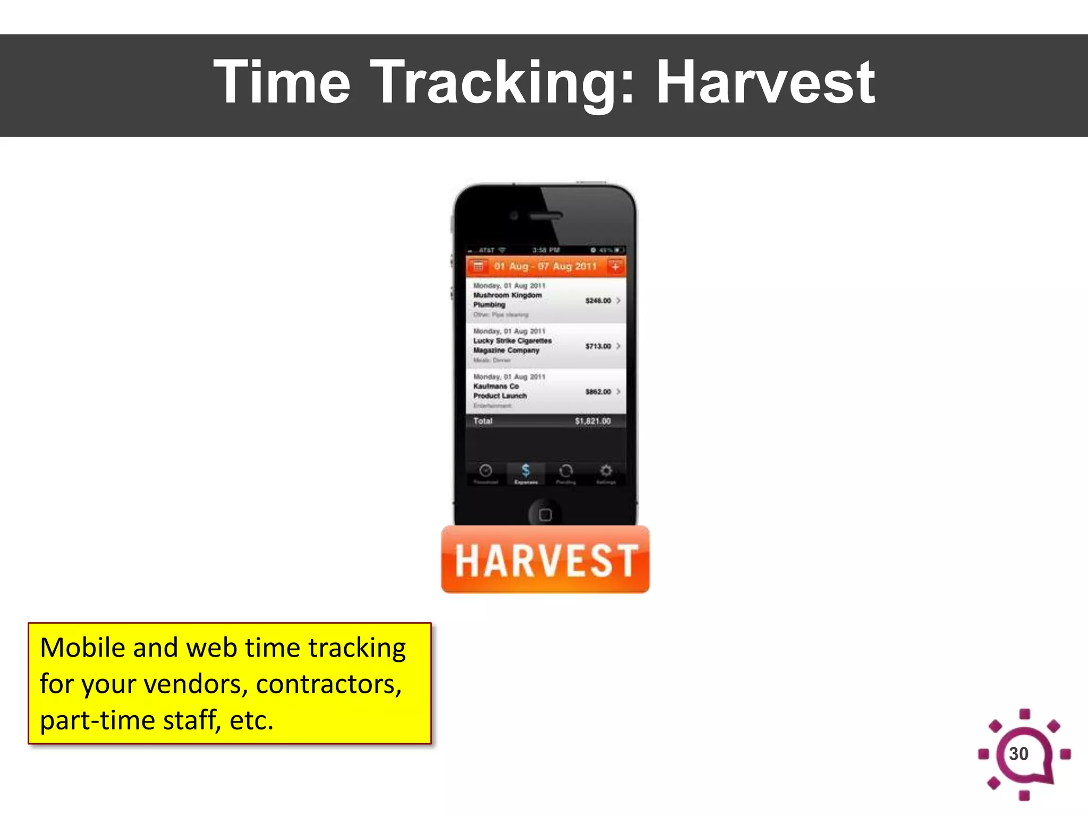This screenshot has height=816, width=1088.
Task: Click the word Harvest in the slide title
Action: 766,82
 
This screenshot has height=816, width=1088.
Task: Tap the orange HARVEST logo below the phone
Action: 545,560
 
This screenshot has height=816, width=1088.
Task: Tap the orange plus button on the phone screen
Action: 615,266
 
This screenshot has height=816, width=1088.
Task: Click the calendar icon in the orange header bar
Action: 478,266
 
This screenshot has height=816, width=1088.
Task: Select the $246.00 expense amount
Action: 598,301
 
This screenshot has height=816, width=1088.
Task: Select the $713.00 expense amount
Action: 598,346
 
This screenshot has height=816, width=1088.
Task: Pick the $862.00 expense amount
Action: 598,392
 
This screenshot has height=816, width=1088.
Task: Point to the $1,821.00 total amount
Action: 592,421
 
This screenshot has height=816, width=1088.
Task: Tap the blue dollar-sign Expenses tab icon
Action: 525,471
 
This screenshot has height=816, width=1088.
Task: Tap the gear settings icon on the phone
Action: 606,471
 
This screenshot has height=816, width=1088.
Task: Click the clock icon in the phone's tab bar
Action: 486,471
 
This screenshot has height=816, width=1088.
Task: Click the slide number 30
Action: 1018,753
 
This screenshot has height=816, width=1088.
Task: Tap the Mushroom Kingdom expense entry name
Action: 507,295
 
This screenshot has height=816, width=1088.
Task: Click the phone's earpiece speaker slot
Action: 546,216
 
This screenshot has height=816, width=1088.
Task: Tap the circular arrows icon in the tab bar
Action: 566,471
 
